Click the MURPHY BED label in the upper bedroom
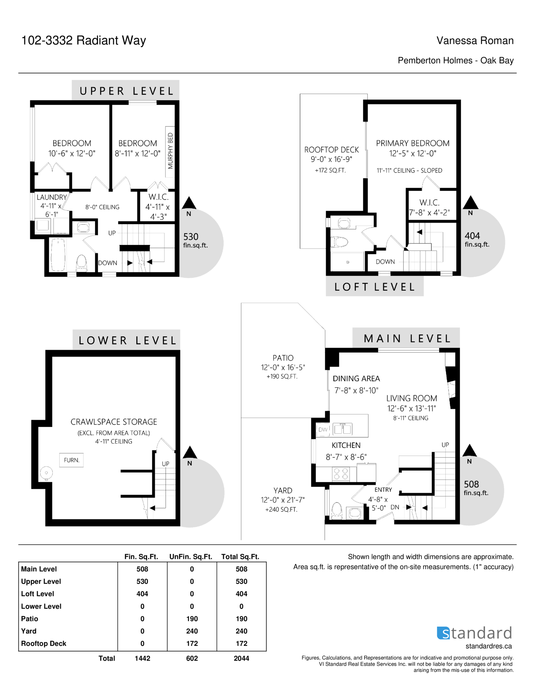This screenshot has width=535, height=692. coord(170,151)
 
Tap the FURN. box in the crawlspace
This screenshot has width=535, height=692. coord(72,460)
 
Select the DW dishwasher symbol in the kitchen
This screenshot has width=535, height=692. coord(323,430)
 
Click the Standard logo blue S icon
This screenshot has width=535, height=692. coord(443,633)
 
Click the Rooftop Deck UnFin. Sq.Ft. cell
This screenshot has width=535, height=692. coord(192,643)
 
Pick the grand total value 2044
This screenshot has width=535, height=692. coord(241,658)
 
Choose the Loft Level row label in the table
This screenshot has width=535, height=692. coord(37,594)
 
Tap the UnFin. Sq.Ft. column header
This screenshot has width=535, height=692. coord(191,557)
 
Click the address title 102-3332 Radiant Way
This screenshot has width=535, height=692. coord(84,40)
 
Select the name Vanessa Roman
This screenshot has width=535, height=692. coord(475,41)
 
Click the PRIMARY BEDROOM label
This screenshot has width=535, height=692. coord(413,143)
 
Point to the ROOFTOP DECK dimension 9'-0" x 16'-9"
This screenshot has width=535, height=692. coord(331,159)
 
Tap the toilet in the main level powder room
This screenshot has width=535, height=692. coord(336,511)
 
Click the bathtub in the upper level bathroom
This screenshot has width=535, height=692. coord(58,255)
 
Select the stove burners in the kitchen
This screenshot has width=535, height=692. coord(341,474)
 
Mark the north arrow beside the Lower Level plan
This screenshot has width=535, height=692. coord(190,452)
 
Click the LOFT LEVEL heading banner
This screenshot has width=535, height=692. coord(374,287)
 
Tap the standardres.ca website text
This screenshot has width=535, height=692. coord(489,646)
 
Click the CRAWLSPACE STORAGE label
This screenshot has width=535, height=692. coord(114,422)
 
